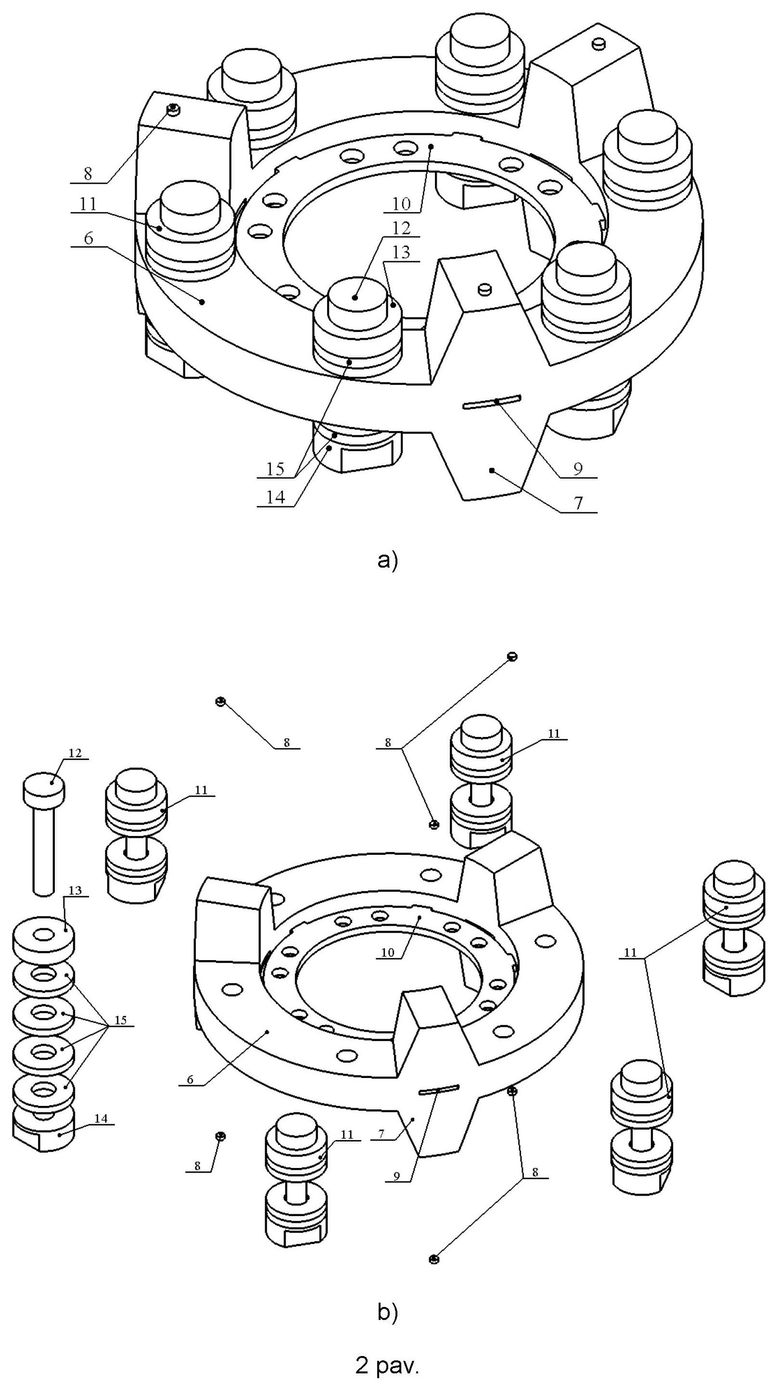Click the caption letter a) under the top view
coord(387,559)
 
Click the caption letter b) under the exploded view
coord(387,1312)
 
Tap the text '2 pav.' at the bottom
coord(387,1366)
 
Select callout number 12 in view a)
coord(401,228)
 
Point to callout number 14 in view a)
coord(275,496)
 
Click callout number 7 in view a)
coord(579,503)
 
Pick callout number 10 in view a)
coord(401,203)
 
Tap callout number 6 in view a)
coord(88,238)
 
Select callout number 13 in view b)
coord(75,890)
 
